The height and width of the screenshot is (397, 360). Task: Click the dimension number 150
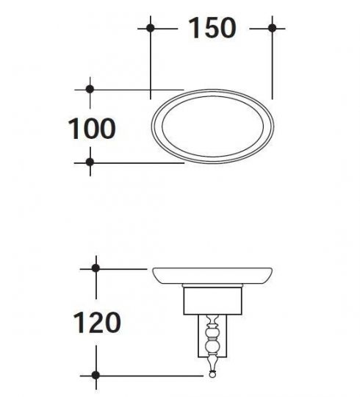click(x=212, y=28)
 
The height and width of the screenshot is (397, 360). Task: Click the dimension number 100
click(x=92, y=129)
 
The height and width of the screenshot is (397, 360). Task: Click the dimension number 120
click(x=97, y=323)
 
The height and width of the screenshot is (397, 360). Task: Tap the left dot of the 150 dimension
click(x=151, y=28)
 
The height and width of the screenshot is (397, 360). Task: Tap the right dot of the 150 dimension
click(x=273, y=28)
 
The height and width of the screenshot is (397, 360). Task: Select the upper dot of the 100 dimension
click(x=90, y=89)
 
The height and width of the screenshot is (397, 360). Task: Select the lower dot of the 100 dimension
click(x=90, y=162)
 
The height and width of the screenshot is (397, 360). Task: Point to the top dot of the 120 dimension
click(x=96, y=268)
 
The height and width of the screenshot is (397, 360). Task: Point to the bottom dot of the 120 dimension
click(x=96, y=375)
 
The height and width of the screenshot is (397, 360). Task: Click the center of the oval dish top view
click(x=213, y=126)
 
